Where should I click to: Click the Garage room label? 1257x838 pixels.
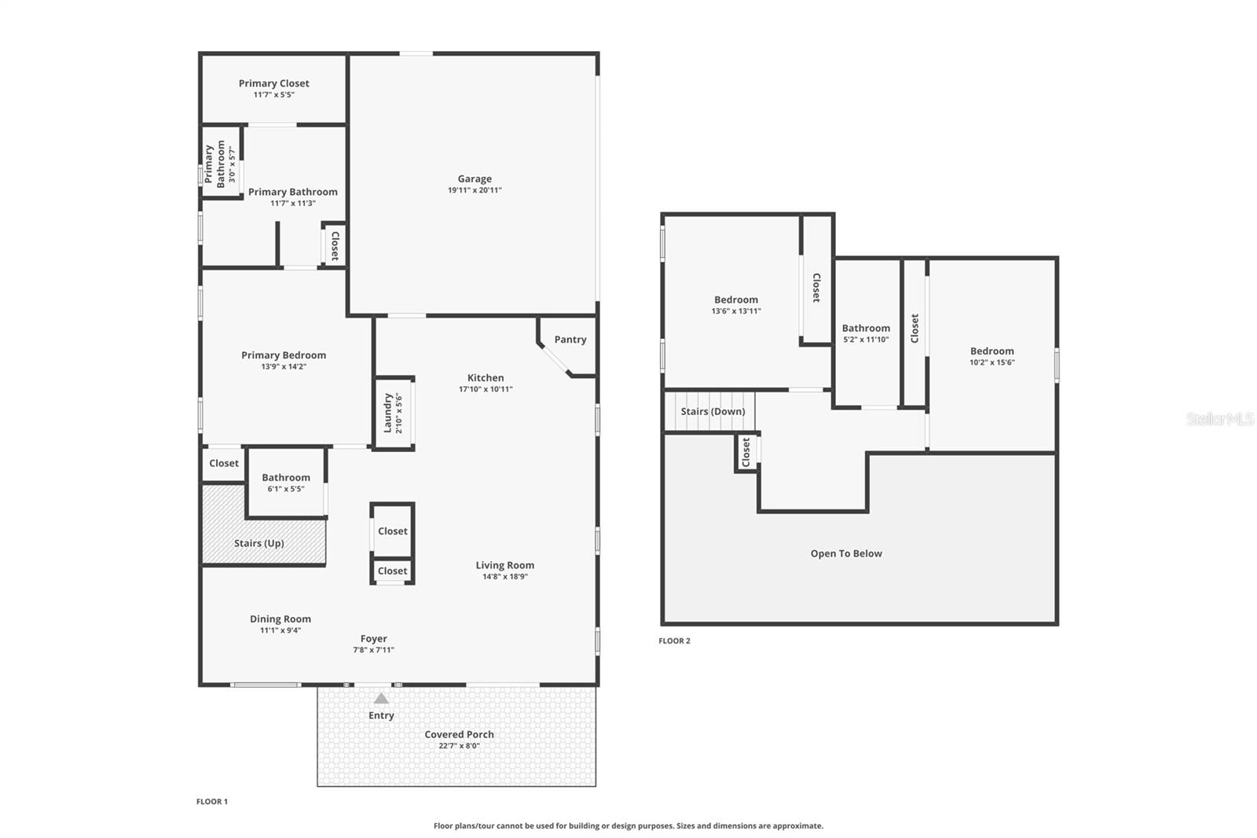tap(475, 179)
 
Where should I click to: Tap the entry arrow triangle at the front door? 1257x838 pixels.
tap(381, 698)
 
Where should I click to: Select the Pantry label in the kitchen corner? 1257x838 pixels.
tap(570, 340)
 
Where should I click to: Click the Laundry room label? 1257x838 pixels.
tap(387, 413)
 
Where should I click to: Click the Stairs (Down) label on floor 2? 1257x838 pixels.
tap(713, 412)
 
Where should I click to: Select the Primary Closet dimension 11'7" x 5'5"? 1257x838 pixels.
tap(273, 94)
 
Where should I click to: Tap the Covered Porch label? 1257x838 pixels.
tap(459, 734)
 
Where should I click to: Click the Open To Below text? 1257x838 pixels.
tap(846, 553)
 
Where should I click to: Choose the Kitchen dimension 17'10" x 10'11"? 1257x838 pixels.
tap(486, 389)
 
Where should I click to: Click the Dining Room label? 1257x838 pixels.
tap(280, 619)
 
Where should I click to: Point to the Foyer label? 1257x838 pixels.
tap(374, 639)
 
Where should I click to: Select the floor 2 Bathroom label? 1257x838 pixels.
tap(866, 329)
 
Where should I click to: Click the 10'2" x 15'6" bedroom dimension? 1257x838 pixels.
tap(991, 362)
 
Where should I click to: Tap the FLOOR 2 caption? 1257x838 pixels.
tap(674, 641)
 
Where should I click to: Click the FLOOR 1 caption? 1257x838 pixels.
tap(212, 802)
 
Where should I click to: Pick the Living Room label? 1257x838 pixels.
tap(504, 565)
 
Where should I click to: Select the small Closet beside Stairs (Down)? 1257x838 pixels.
tap(746, 452)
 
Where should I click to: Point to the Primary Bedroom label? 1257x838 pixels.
tap(284, 355)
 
